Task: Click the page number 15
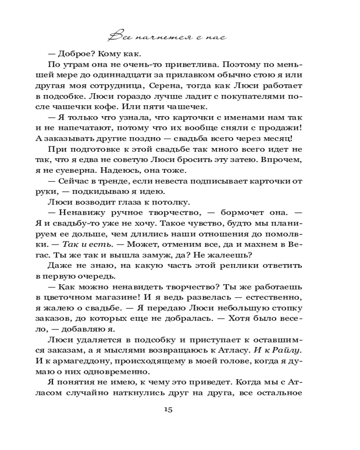pyautogui.click(x=169, y=410)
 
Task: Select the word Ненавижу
pyautogui.click(x=84, y=213)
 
